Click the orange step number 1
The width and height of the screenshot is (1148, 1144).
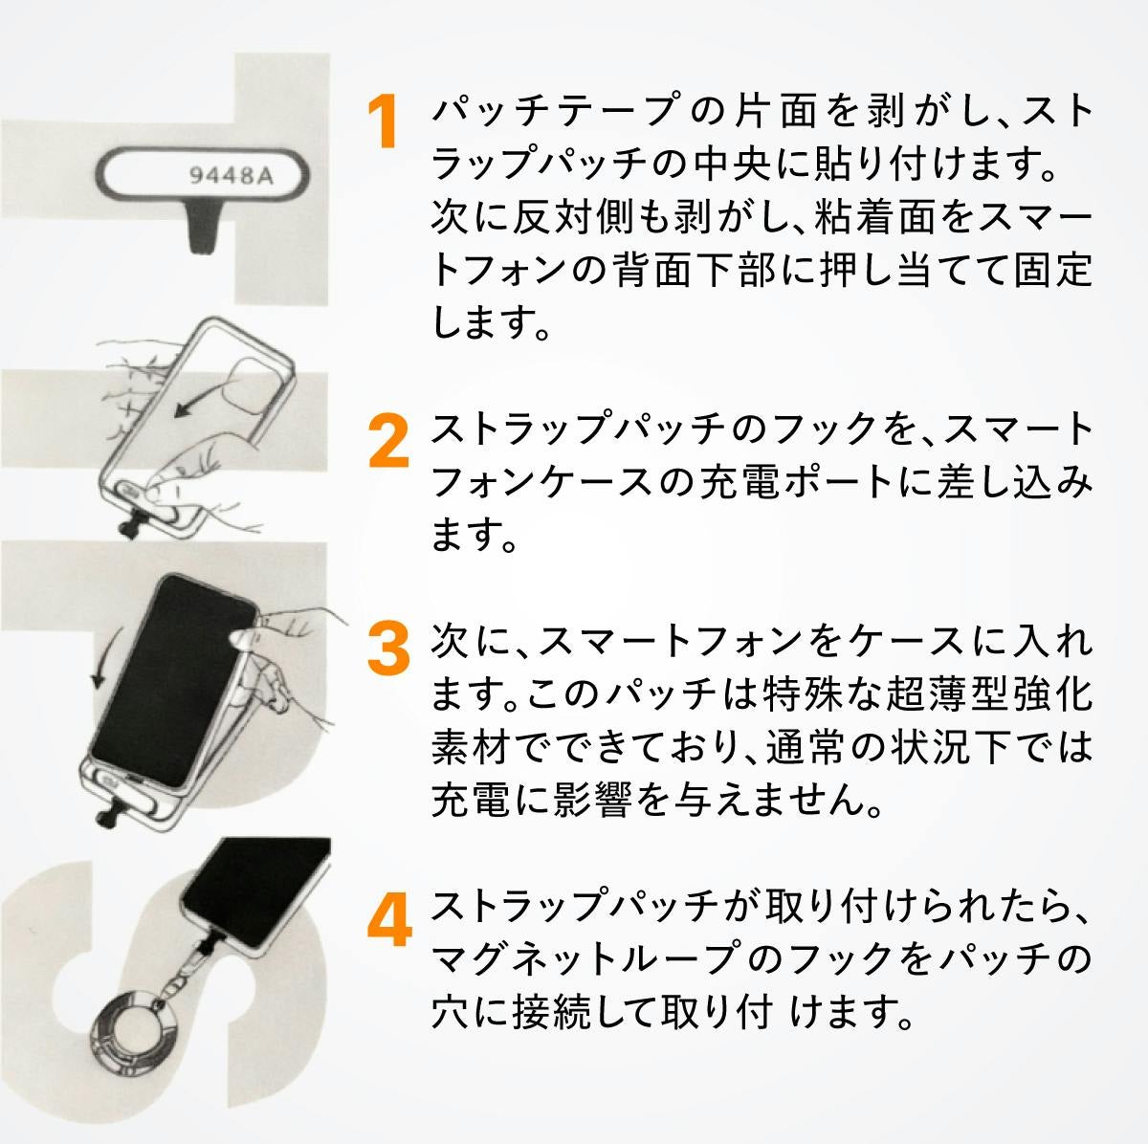pyautogui.click(x=384, y=121)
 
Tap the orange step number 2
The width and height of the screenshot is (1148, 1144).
pyautogui.click(x=388, y=440)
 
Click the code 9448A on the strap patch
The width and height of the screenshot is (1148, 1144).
pyautogui.click(x=231, y=176)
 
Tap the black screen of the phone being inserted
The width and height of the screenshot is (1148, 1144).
pyautogui.click(x=174, y=679)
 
